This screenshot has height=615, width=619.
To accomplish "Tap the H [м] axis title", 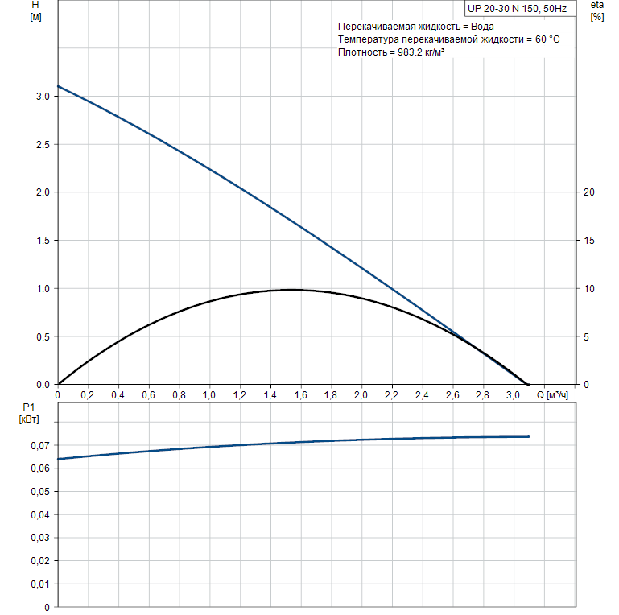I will click(35, 11).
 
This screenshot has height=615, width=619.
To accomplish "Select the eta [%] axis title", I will click(596, 11).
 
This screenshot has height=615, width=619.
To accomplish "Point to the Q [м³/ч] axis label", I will click(553, 395).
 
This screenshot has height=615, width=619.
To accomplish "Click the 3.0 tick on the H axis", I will click(42, 97).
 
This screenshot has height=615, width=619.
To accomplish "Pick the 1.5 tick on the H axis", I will click(42, 241).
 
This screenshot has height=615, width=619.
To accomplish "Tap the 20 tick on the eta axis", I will click(588, 192).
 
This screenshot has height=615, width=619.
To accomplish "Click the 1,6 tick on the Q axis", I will click(300, 395).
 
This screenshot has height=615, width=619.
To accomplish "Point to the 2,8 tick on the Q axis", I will click(482, 395).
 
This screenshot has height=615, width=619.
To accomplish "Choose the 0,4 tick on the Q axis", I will click(118, 395).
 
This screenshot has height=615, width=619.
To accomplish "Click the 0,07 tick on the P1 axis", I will click(40, 445).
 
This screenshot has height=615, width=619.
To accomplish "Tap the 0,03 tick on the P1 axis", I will click(40, 538).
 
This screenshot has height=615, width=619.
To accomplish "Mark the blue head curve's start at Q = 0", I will click(58, 85).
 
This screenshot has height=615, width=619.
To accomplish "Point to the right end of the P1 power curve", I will click(529, 436).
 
